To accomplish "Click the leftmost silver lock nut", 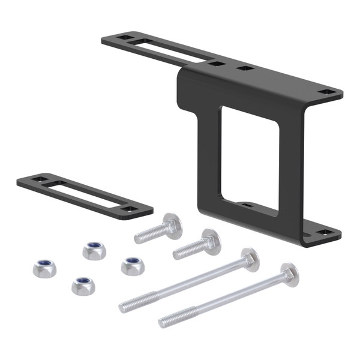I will pyautogui.click(x=44, y=268).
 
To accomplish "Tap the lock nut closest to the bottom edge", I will pyautogui.click(x=83, y=285).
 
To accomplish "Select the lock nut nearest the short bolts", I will pyautogui.click(x=132, y=265).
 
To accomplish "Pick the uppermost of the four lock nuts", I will pyautogui.click(x=94, y=250).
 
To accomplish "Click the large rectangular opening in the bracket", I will pyautogui.click(x=249, y=157).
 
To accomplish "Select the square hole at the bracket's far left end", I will pyautogui.click(x=124, y=38).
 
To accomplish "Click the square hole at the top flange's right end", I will pyautogui.click(x=327, y=92).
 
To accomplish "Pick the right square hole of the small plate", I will pyautogui.click(x=128, y=209).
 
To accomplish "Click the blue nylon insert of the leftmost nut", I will pyautogui.click(x=44, y=265).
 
